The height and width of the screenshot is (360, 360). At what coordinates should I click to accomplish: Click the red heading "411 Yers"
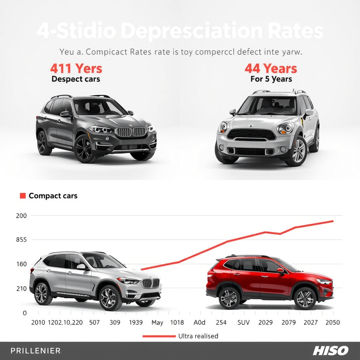pyautogui.click(x=76, y=68)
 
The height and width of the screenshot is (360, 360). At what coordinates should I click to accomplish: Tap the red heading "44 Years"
pyautogui.click(x=271, y=68)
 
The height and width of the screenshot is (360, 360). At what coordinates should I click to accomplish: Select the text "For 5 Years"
pyautogui.click(x=271, y=79)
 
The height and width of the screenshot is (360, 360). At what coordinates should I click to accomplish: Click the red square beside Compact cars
pyautogui.click(x=23, y=196)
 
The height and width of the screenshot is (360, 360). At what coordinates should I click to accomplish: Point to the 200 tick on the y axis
pyautogui.click(x=21, y=216)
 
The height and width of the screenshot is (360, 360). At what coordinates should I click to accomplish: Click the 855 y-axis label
pyautogui.click(x=21, y=240)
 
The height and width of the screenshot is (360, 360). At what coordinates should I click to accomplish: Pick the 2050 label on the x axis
pyautogui.click(x=332, y=322)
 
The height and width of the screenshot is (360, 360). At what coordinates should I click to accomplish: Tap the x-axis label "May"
pyautogui.click(x=157, y=322)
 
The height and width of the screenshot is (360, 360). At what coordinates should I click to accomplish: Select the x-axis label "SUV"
pyautogui.click(x=243, y=322)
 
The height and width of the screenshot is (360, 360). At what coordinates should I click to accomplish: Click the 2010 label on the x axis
pyautogui.click(x=38, y=322)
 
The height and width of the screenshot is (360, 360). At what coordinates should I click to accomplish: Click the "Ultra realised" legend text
pyautogui.click(x=198, y=336)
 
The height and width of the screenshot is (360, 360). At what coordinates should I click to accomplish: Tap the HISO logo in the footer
pyautogui.click(x=330, y=351)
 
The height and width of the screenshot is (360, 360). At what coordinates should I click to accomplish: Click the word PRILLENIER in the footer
pyautogui.click(x=36, y=351)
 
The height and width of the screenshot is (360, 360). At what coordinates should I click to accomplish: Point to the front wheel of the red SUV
pyautogui.click(x=305, y=298)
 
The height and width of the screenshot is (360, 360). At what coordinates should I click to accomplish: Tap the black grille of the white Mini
pyautogui.click(x=251, y=134)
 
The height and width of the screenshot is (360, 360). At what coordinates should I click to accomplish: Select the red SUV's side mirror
pyautogui.click(x=280, y=271)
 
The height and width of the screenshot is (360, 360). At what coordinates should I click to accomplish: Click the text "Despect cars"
pyautogui.click(x=76, y=79)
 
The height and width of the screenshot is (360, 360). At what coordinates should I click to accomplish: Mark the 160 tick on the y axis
pyautogui.click(x=21, y=264)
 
